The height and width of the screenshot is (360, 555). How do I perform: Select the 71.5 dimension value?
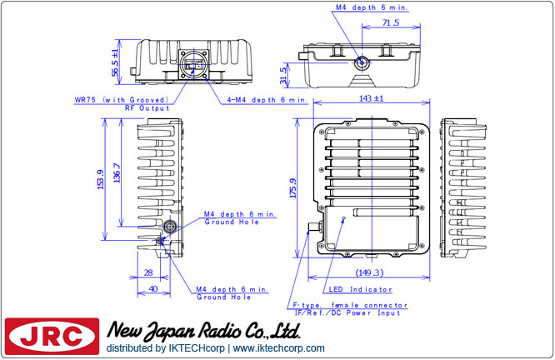390,22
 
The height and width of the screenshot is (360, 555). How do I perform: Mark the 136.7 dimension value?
117,172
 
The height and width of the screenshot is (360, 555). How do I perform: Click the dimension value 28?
148,272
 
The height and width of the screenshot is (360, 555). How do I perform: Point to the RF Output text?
147,108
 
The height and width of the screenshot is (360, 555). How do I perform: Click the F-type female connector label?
350,305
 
